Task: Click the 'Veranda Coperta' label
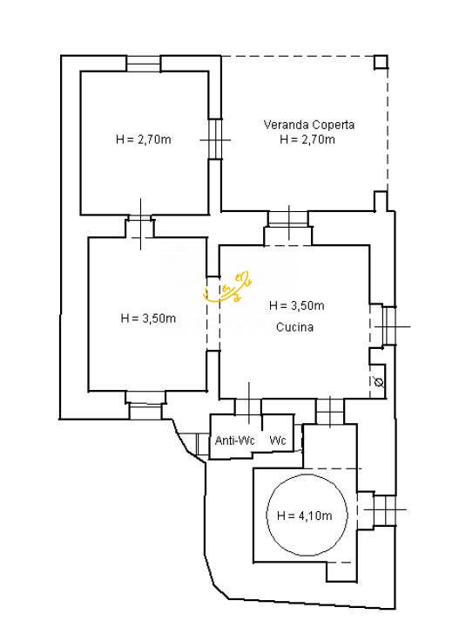click(x=309, y=125)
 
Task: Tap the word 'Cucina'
click(x=294, y=327)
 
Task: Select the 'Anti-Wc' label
click(x=234, y=441)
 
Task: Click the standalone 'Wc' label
click(x=278, y=441)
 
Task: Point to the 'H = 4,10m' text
click(x=305, y=516)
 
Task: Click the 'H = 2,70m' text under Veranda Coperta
click(x=307, y=140)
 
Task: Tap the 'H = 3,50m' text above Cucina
click(x=297, y=305)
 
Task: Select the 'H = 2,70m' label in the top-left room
click(x=144, y=140)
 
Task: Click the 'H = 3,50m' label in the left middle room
click(x=148, y=318)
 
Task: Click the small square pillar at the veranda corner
click(x=381, y=62)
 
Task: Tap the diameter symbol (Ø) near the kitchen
click(x=379, y=383)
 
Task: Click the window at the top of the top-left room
click(x=143, y=64)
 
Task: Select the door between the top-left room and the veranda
click(x=215, y=140)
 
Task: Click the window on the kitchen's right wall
click(x=389, y=327)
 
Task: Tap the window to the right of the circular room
click(x=385, y=509)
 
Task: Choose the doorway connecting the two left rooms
click(x=140, y=228)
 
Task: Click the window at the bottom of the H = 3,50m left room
click(x=145, y=405)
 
